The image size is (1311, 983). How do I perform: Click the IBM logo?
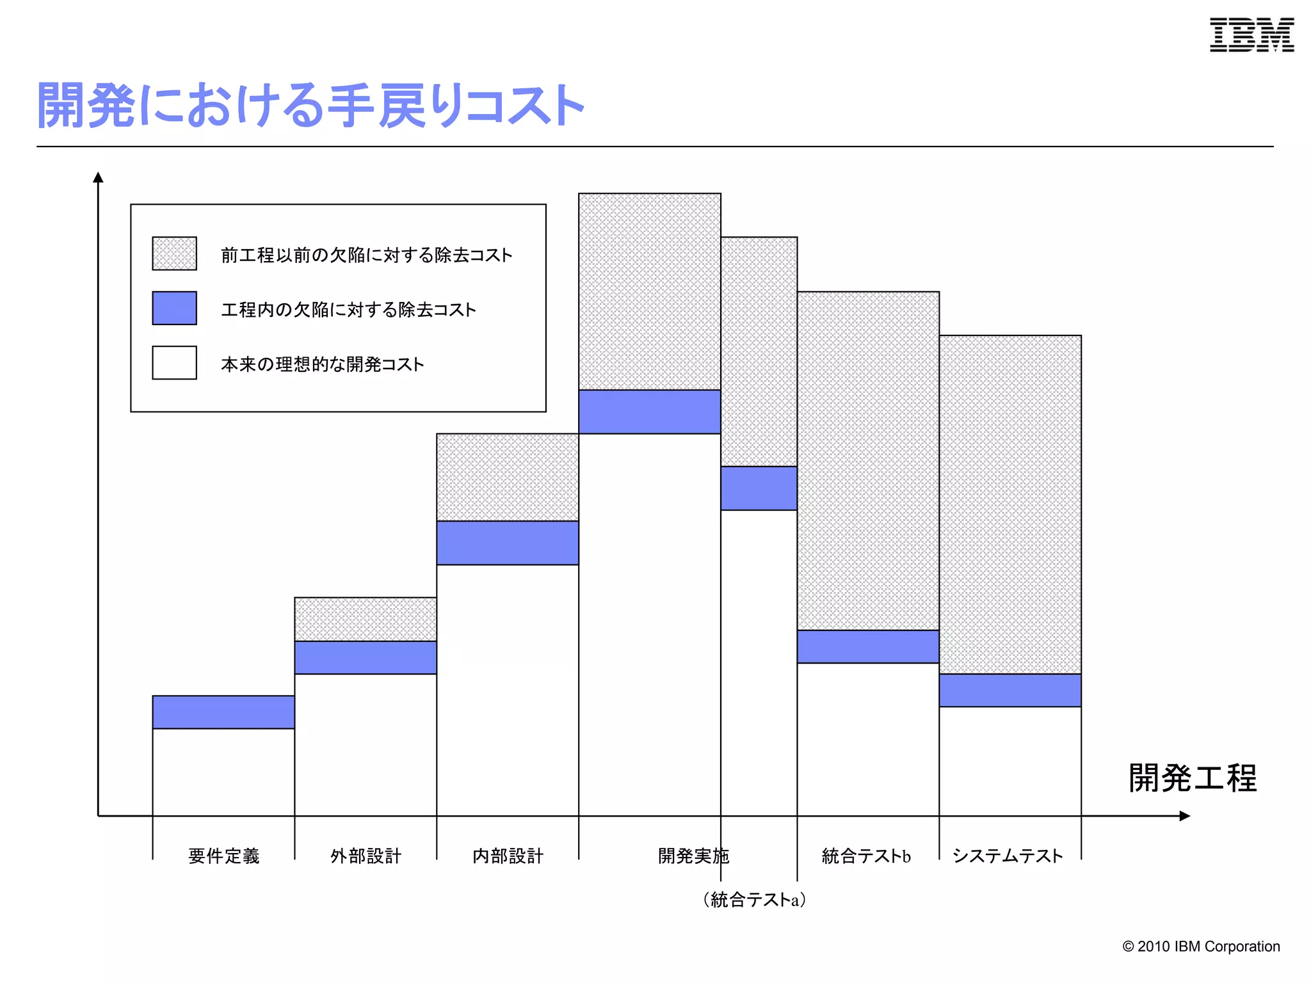click(1251, 35)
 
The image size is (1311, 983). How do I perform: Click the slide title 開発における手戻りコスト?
click(310, 106)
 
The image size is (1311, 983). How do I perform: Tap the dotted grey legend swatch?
click(174, 253)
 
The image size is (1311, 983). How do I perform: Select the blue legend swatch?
click(174, 308)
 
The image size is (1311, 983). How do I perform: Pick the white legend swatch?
click(174, 363)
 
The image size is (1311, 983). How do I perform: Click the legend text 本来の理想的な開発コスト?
click(322, 364)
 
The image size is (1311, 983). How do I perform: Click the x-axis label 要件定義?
click(223, 856)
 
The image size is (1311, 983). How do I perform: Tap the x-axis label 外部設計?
click(366, 856)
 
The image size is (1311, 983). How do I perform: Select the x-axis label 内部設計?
click(508, 856)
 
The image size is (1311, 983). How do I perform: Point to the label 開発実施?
click(693, 856)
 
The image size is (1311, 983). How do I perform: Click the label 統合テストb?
click(866, 856)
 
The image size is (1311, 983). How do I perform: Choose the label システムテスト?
click(1008, 856)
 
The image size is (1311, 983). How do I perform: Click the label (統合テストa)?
click(754, 899)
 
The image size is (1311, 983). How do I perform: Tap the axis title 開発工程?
click(1193, 778)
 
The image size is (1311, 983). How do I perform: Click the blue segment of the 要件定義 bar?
click(223, 712)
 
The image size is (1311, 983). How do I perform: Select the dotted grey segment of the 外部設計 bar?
click(366, 619)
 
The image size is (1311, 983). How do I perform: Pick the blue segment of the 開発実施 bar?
click(649, 412)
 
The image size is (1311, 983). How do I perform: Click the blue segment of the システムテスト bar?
click(1010, 690)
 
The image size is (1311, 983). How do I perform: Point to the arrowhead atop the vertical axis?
click(98, 177)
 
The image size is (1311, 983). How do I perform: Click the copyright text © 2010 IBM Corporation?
click(1201, 947)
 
